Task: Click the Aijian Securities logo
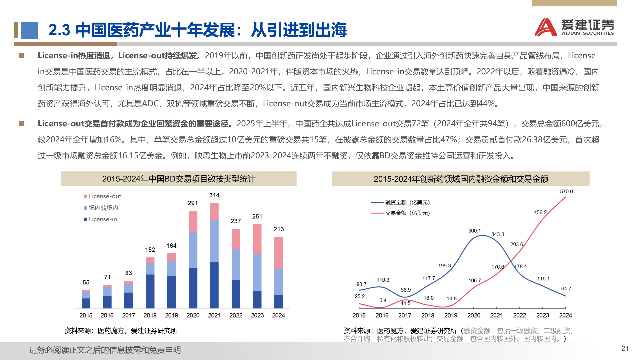pos(574,27)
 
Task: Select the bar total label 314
pos(214,195)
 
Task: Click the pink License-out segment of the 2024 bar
pos(278,252)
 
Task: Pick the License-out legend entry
pos(102,196)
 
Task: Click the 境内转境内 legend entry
pos(101,208)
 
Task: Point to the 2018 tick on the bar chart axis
pos(150,315)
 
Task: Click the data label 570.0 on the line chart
pos(566,192)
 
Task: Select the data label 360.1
pos(474,231)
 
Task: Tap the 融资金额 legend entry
pos(401,202)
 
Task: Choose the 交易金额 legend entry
pos(401,213)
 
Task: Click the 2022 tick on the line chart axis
pos(519,315)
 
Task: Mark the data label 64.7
pos(566,289)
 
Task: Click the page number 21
pos(625,348)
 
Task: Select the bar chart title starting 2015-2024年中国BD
pos(179,179)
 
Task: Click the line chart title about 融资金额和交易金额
pos(461,179)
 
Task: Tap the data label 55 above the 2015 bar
pos(86,283)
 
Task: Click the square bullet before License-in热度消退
pos(22,56)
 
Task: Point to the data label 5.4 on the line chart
pos(383,301)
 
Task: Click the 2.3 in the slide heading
pos(59,30)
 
